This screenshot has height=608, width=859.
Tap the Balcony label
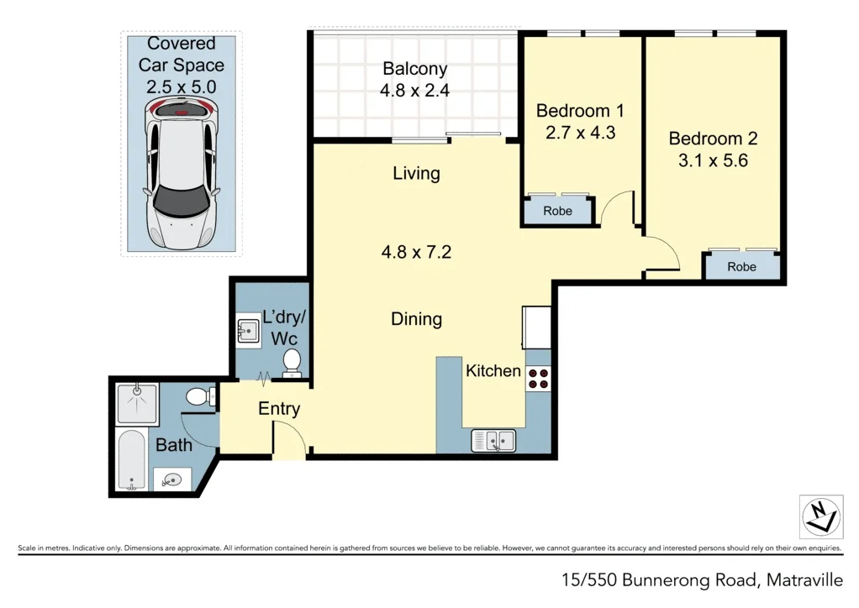click(415, 69)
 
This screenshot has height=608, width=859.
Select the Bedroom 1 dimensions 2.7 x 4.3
click(579, 132)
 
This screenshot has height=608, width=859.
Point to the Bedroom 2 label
click(706, 139)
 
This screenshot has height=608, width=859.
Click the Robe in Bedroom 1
click(557, 212)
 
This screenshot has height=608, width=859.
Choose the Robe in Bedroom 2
click(741, 267)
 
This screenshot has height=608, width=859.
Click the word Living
click(416, 174)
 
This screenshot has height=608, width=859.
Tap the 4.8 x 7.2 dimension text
click(416, 251)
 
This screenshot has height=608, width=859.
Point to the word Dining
click(416, 319)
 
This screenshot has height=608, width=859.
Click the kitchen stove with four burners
click(537, 379)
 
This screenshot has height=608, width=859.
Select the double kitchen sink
click(493, 439)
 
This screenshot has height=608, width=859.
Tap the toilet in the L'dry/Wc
click(292, 362)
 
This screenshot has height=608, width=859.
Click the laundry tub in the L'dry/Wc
click(248, 331)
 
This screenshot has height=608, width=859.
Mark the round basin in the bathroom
click(173, 480)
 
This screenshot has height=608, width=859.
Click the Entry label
click(279, 409)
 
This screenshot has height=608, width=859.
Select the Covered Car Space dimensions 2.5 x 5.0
click(182, 86)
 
